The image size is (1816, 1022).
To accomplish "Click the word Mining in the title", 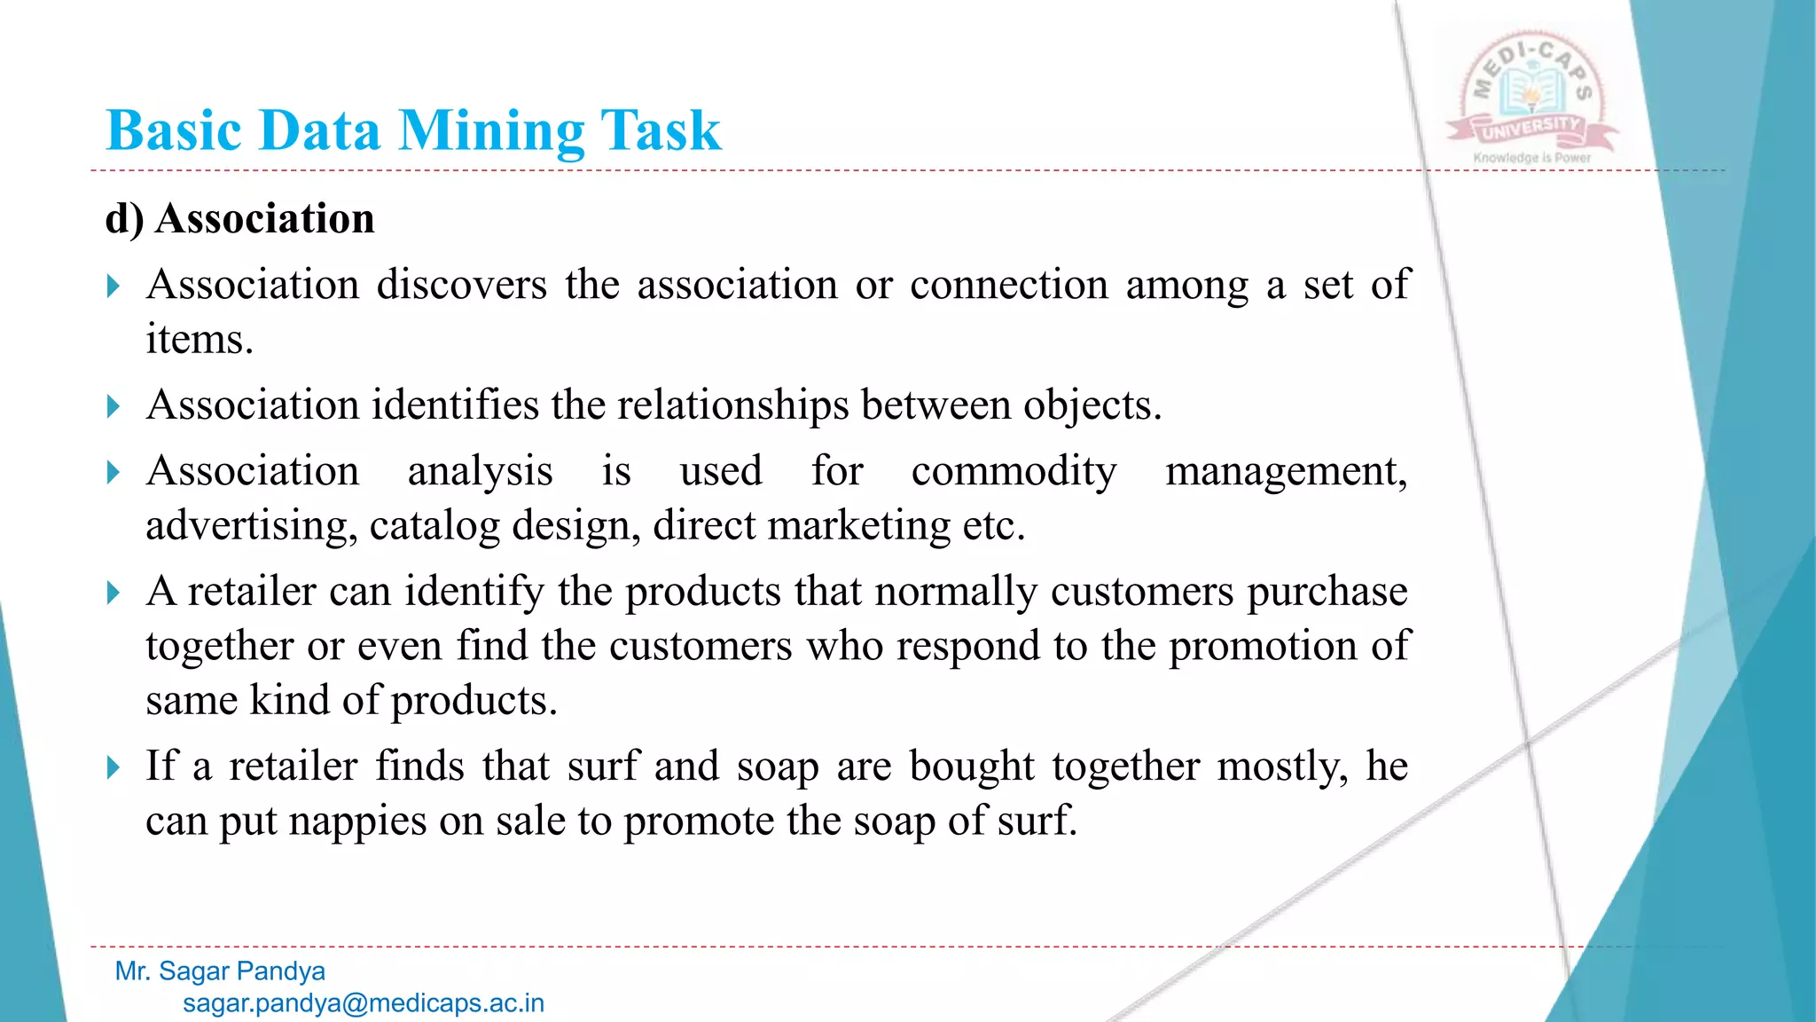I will (491, 131).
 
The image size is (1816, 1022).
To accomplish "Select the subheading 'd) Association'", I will (239, 218).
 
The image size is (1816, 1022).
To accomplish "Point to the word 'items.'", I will (200, 340).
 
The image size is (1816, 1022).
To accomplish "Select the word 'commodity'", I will (1014, 471).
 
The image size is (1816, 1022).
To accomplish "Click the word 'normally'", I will (955, 592).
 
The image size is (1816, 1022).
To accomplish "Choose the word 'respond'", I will (967, 646).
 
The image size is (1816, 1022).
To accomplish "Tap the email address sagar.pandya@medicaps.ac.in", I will (364, 1003).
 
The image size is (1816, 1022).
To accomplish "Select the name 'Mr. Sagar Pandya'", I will (220, 971).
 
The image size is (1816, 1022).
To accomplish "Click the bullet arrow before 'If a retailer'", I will (113, 766).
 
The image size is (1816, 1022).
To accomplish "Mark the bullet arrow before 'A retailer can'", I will (113, 592).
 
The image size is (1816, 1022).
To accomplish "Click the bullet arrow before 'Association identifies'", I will (113, 406).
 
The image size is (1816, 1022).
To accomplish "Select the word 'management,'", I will (1286, 471).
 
